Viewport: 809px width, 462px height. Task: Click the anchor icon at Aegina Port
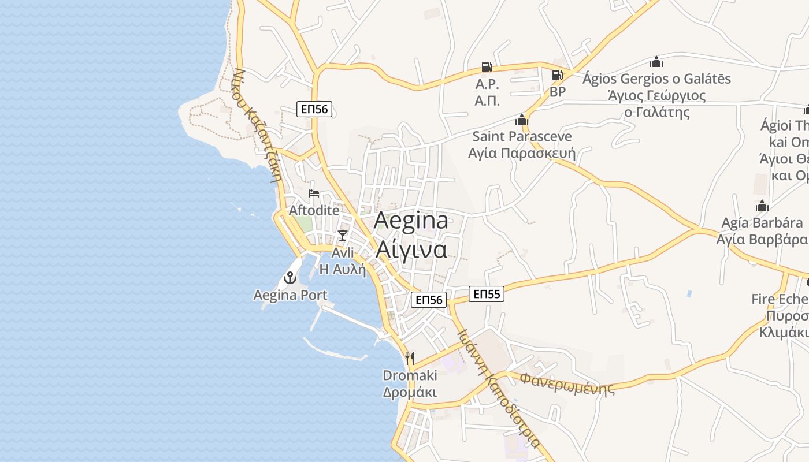pos(290,278)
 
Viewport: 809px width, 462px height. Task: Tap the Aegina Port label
pos(290,295)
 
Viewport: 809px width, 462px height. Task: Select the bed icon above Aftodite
pos(314,193)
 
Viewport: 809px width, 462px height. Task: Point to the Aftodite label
pos(314,210)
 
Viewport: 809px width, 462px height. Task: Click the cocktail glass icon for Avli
pos(343,235)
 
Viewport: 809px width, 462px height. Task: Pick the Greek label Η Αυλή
pos(343,269)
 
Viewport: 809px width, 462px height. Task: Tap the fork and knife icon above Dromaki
pos(410,358)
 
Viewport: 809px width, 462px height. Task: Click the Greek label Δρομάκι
pos(410,392)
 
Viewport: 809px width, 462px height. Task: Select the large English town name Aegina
pos(411,221)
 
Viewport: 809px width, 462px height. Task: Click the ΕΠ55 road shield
pos(486,294)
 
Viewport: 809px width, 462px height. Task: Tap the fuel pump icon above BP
pos(557,75)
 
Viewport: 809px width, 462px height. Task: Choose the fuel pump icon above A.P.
pos(487,68)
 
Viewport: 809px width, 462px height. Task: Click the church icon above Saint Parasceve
pos(522,120)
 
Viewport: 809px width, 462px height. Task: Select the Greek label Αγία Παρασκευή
pos(522,153)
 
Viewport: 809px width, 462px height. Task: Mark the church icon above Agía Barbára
pos(762,206)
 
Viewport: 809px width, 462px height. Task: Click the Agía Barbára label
pos(762,223)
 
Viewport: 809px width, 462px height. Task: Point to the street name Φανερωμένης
pos(567,383)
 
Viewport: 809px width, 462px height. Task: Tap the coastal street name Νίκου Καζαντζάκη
pos(258,124)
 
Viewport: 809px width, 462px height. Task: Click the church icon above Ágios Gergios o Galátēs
pos(656,62)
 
